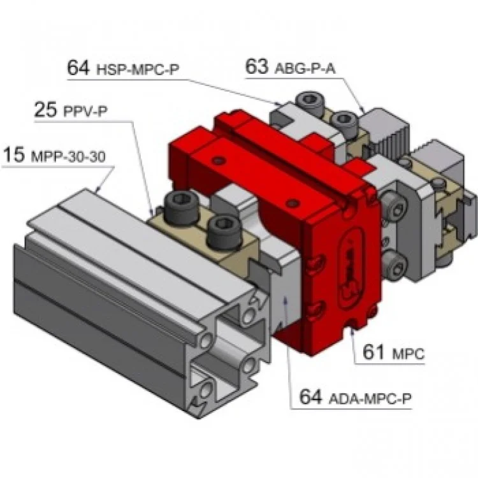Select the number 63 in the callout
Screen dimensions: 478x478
(x=257, y=67)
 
